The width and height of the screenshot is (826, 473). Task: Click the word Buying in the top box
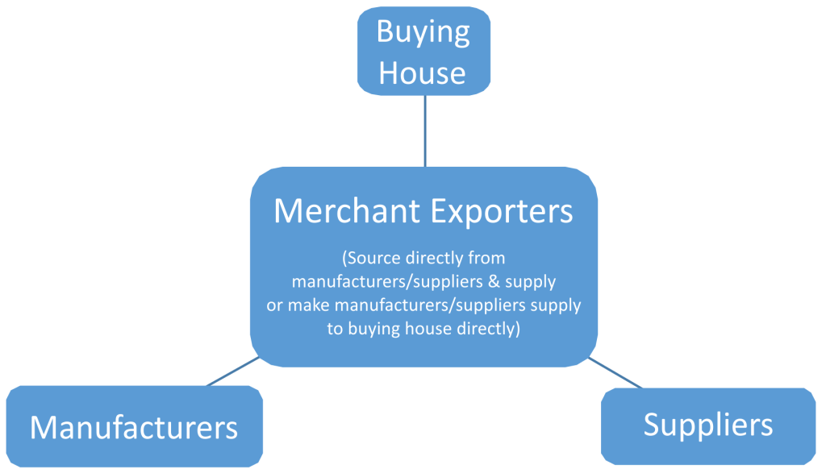(x=423, y=33)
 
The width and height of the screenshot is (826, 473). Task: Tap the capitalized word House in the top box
(x=423, y=73)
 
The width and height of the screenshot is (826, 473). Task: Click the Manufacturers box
(x=134, y=426)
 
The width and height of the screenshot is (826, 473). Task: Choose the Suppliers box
(x=708, y=425)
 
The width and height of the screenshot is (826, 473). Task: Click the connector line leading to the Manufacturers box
(x=233, y=372)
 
